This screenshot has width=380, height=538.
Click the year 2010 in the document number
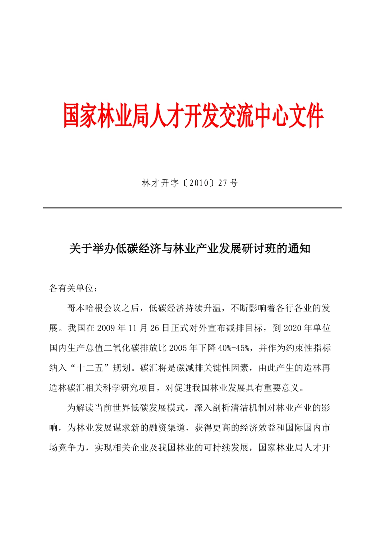tap(199, 183)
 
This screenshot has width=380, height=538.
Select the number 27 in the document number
tap(223, 183)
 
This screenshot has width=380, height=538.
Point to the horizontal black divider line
tap(192, 208)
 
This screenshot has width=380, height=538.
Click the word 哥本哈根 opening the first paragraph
tap(85, 308)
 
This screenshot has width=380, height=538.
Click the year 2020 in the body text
tap(293, 328)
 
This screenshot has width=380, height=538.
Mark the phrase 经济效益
tap(258, 428)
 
